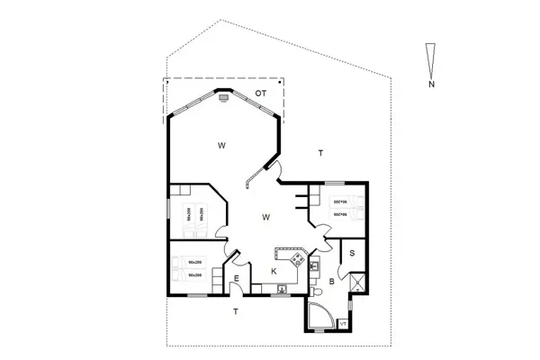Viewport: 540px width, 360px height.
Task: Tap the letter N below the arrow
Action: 433,85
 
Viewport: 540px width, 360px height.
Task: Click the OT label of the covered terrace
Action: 261,94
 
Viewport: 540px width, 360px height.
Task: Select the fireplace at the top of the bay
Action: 222,95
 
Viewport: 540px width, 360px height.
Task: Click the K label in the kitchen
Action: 274,271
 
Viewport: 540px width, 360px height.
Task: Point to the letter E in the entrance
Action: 236,280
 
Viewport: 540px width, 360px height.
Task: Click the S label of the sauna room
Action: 352,253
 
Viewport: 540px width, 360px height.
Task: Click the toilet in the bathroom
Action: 317,292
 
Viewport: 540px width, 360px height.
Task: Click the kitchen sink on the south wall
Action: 282,288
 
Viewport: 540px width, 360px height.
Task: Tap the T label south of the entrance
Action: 236,311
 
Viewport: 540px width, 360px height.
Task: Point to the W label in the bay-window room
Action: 220,143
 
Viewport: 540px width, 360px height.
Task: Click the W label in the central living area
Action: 266,217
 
